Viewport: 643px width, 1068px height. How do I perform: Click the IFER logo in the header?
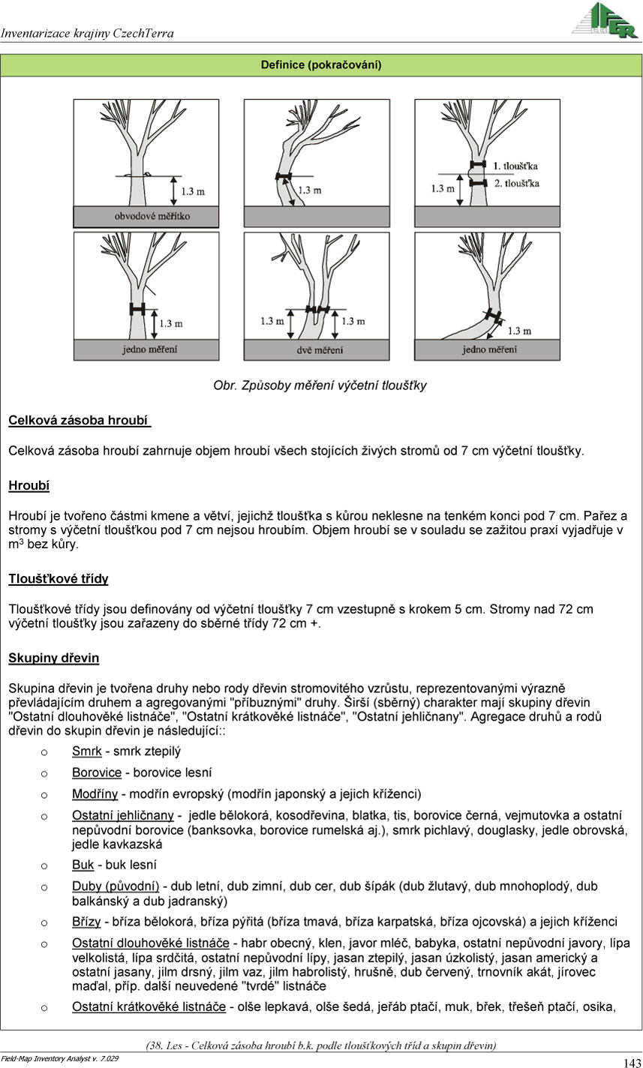pyautogui.click(x=604, y=21)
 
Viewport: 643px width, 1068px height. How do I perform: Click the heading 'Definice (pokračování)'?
pyautogui.click(x=321, y=65)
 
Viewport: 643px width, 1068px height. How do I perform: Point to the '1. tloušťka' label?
pyautogui.click(x=515, y=165)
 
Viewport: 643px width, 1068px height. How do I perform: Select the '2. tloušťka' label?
pyautogui.click(x=515, y=183)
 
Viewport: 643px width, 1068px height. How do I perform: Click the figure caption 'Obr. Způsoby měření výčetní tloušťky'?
pyautogui.click(x=320, y=385)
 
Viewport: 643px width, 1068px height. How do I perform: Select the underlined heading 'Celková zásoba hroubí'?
pyautogui.click(x=79, y=420)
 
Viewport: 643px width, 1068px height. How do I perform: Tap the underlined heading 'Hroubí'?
pyautogui.click(x=29, y=485)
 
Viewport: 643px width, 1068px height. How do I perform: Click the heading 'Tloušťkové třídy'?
pyautogui.click(x=58, y=579)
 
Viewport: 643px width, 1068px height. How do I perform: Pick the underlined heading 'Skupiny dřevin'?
pyautogui.click(x=53, y=658)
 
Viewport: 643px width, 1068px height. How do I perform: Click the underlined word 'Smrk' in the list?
pyautogui.click(x=86, y=751)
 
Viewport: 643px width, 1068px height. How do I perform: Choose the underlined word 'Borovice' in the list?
pyautogui.click(x=96, y=772)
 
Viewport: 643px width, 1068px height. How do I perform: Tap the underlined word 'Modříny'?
pyautogui.click(x=95, y=793)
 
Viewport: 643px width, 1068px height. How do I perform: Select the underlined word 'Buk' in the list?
pyautogui.click(x=83, y=865)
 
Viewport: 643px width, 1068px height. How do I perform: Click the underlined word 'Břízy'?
pyautogui.click(x=87, y=922)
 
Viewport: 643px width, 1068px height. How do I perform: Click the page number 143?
pyautogui.click(x=631, y=1062)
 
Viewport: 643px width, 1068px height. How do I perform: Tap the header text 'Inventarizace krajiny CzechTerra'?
pyautogui.click(x=87, y=33)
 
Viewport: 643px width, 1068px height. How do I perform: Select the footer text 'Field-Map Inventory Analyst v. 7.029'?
pyautogui.click(x=60, y=1058)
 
